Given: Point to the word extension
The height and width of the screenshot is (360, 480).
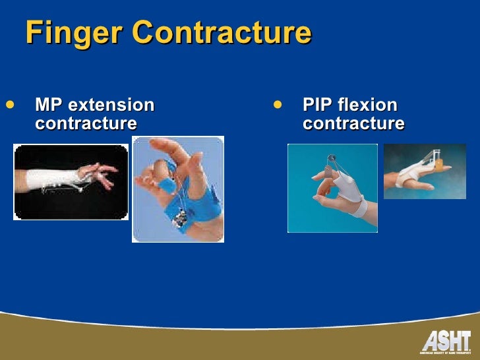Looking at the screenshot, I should [111, 105].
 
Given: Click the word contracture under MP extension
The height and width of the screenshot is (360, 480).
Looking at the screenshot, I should [86, 123].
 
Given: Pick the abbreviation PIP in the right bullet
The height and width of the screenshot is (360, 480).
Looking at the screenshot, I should [316, 105].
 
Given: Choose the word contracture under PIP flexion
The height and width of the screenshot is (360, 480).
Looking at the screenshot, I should [353, 123].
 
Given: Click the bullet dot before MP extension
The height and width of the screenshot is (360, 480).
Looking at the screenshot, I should [9, 104].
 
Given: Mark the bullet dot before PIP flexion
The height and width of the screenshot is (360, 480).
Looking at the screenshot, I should [278, 104].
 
